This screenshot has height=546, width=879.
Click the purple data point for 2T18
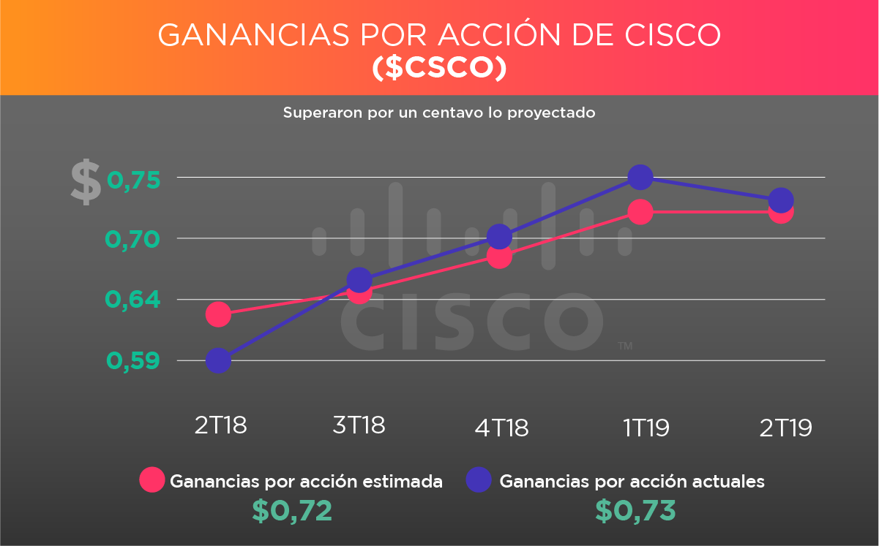tap(219, 360)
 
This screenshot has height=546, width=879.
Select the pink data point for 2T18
tap(219, 314)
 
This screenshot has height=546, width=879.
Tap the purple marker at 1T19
tap(640, 177)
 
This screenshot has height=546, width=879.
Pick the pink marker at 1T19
tap(640, 213)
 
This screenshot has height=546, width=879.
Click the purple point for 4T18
tap(499, 236)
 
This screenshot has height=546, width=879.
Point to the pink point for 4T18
tap(499, 257)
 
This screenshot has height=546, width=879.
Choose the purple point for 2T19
tap(781, 200)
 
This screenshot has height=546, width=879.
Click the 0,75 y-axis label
tap(134, 180)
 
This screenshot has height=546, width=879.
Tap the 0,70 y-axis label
tap(134, 240)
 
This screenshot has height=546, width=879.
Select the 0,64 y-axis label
tap(134, 300)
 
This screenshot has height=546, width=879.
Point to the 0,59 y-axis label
tap(134, 361)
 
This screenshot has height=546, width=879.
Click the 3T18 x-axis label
tap(359, 425)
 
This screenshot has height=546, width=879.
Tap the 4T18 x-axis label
tap(501, 427)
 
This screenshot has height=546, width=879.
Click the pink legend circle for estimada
tap(152, 480)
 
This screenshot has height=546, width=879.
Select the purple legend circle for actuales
tap(479, 480)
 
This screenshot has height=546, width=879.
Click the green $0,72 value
tap(293, 511)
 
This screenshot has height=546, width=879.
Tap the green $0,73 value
tap(635, 511)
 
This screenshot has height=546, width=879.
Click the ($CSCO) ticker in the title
tap(439, 68)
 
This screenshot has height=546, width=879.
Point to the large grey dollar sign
tap(86, 183)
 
